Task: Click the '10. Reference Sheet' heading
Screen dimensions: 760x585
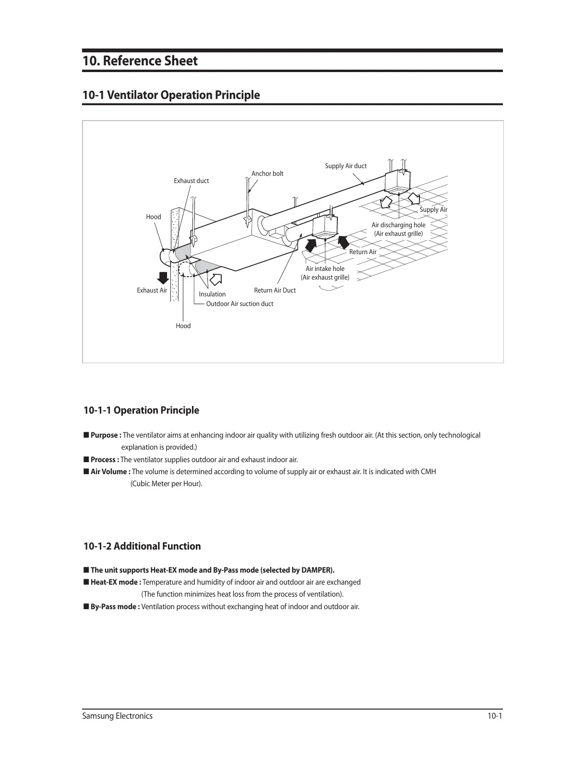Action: point(140,61)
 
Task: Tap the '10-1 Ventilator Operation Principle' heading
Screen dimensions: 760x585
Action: point(171,95)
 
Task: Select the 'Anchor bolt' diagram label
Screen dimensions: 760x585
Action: point(267,173)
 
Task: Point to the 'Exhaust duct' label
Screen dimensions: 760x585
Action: point(191,181)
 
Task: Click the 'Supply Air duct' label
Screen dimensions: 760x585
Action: point(346,166)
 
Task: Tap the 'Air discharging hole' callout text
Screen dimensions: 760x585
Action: point(398,225)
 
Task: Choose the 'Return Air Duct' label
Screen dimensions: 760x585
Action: point(275,290)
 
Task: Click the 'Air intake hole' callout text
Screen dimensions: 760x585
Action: point(325,269)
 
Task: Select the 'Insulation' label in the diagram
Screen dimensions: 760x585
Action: point(212,294)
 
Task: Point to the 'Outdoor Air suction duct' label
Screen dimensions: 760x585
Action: point(239,304)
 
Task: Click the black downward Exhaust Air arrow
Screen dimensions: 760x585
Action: point(163,279)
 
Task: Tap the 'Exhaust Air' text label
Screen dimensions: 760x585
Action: point(152,290)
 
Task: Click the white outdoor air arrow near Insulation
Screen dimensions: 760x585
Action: point(216,279)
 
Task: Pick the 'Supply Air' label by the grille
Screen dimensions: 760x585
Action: point(433,209)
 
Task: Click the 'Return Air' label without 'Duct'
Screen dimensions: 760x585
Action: point(363,252)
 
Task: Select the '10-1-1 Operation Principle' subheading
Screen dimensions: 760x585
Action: point(141,410)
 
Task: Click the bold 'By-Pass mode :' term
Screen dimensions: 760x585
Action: point(115,606)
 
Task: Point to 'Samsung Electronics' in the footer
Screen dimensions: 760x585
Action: point(118,716)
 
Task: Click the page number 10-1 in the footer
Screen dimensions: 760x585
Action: point(494,716)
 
